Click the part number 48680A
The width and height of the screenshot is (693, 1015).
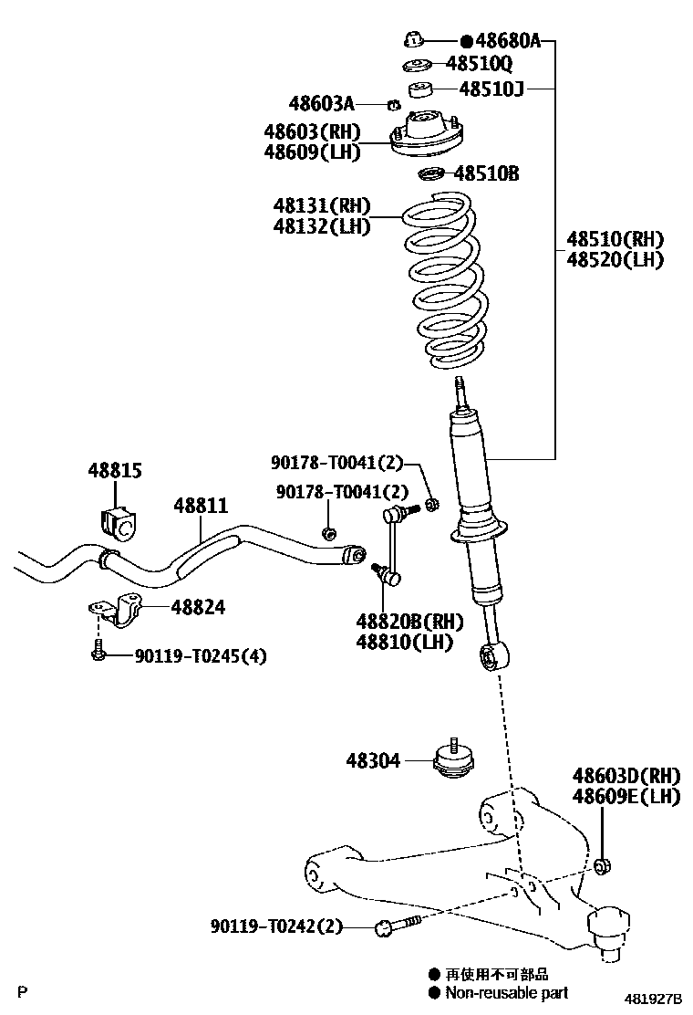(508, 41)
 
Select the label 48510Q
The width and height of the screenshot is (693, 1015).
(479, 64)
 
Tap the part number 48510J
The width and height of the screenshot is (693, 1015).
(491, 88)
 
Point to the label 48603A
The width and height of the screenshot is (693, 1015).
(321, 103)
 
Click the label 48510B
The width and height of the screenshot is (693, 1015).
(486, 173)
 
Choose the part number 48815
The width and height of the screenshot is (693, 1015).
(114, 471)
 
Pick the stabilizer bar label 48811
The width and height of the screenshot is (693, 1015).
(201, 506)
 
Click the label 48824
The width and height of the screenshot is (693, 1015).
(198, 607)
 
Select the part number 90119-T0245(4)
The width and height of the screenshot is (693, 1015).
(201, 656)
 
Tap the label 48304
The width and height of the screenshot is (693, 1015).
(373, 760)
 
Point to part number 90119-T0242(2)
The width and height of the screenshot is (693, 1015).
(276, 926)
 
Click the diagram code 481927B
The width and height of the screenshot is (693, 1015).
(653, 999)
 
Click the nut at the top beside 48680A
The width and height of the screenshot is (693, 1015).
(414, 40)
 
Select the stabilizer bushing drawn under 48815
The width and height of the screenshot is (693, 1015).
(119, 523)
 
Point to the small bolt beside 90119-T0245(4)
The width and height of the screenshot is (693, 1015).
(97, 650)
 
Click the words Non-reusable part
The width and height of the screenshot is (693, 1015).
(507, 992)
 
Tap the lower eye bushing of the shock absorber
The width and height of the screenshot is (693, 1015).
(494, 656)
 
